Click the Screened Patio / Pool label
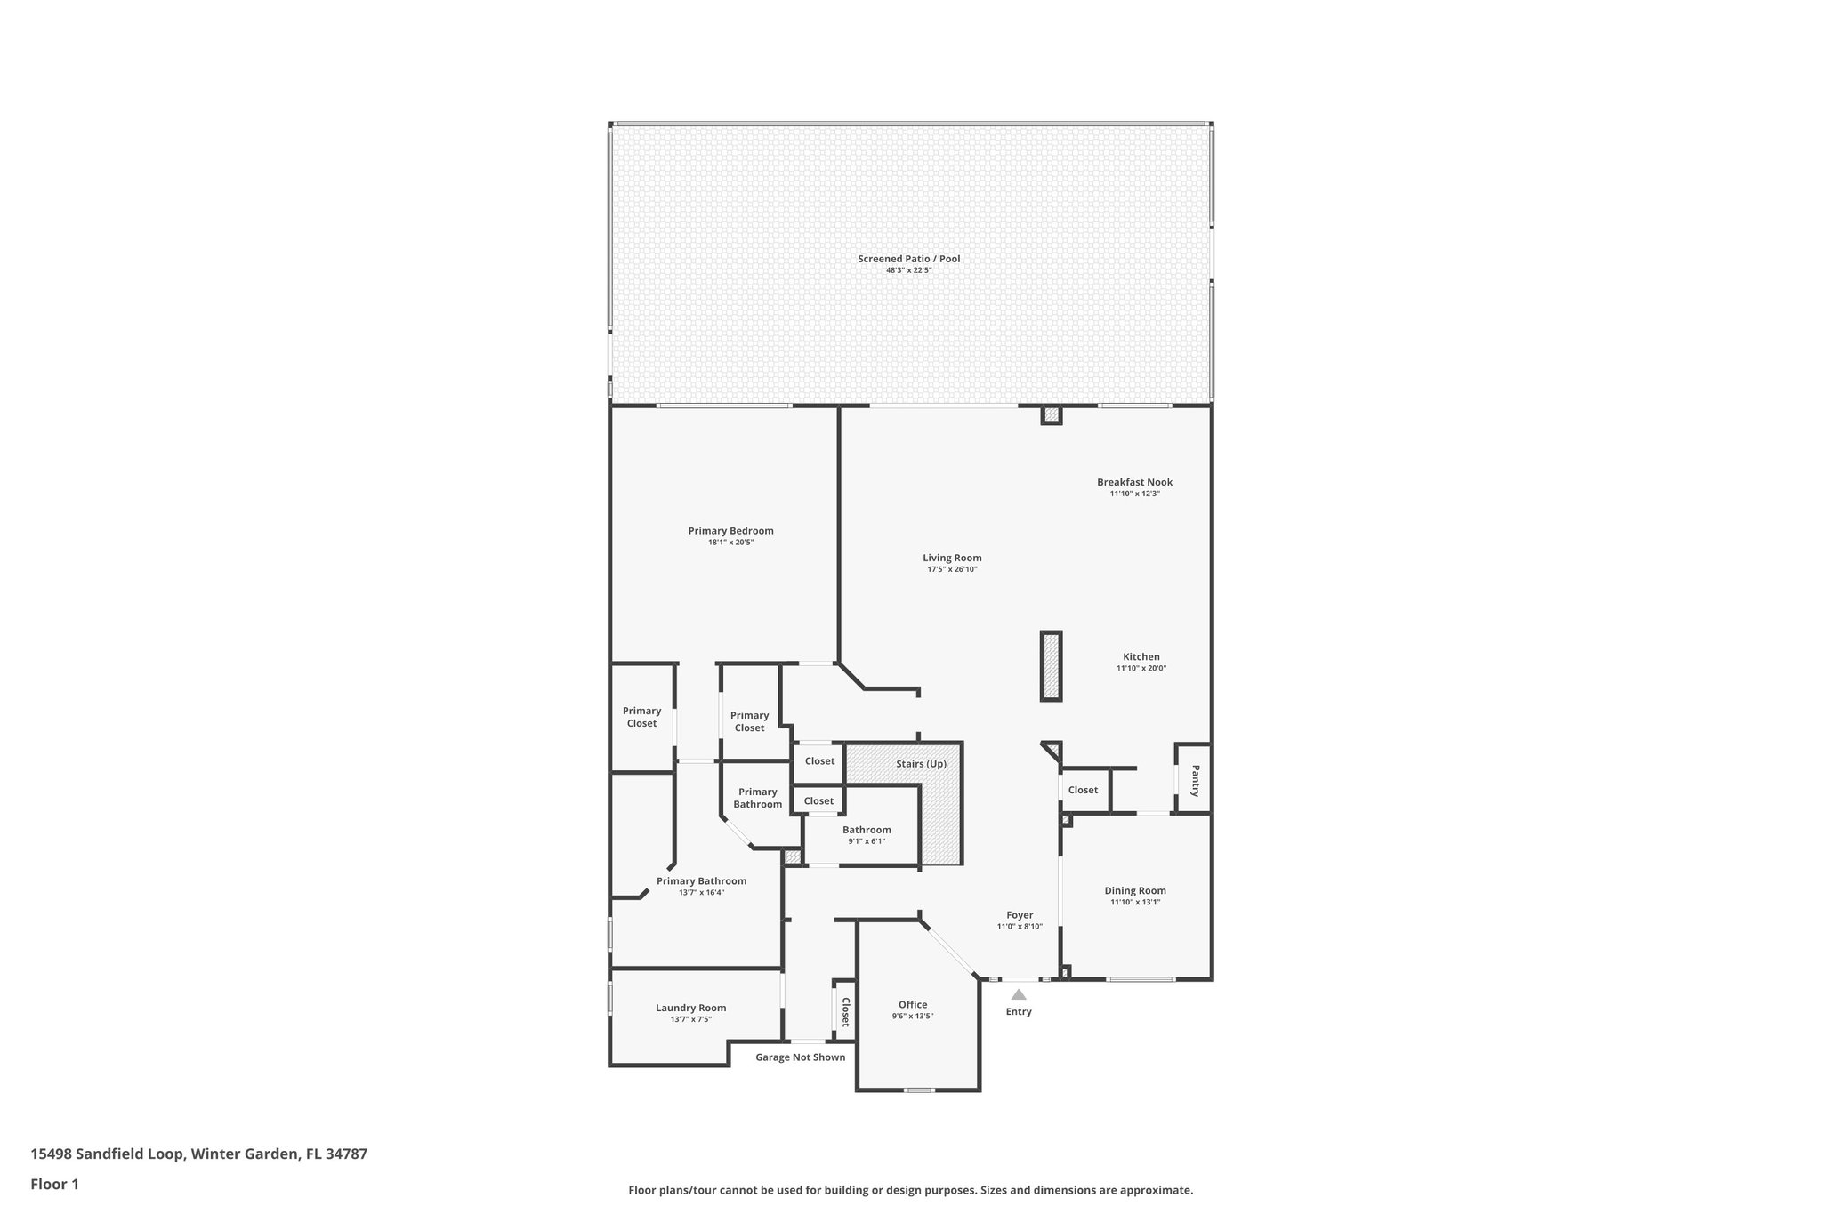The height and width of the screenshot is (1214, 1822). pos(908,259)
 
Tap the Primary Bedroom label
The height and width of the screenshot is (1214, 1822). pos(730,531)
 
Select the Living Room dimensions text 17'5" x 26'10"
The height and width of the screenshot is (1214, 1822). pos(952,569)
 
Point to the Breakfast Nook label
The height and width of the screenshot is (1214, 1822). pos(1134,482)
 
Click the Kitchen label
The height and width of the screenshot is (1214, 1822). pos(1141,657)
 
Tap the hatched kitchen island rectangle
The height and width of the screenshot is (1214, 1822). pos(1052,666)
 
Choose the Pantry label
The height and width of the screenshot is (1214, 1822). pos(1195,780)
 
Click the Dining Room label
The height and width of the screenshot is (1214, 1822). pos(1135,890)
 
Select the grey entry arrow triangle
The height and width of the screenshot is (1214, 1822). pos(1019,994)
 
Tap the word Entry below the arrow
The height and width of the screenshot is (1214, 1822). pos(1019,1012)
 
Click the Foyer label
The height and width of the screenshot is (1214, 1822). pos(1020,915)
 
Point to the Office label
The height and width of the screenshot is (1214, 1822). pos(913,1005)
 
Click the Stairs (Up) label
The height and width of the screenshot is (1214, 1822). pos(921,764)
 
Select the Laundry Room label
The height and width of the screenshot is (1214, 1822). pos(690,1008)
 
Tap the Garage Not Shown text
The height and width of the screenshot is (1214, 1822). pos(800,1057)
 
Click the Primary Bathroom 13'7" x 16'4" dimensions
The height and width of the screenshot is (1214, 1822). pos(701,892)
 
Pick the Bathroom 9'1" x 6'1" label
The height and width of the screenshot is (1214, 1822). pos(867,830)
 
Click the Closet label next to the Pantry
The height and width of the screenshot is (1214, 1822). pos(1083,790)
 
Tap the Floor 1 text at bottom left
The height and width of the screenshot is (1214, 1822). pos(54,1184)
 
